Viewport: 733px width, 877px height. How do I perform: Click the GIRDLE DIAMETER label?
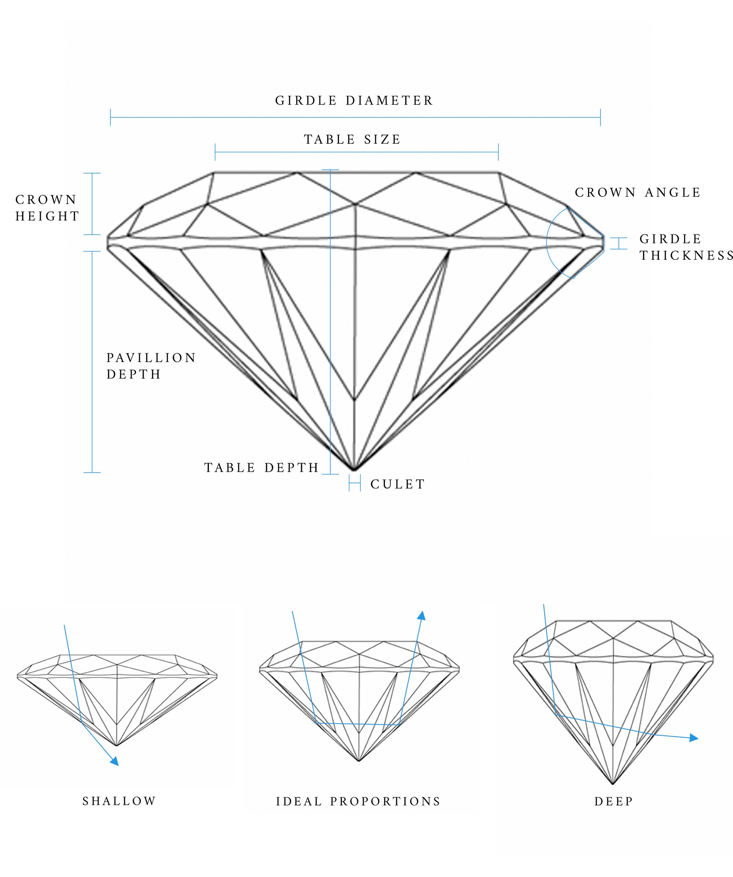tap(354, 101)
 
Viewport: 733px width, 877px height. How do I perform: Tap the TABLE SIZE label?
tap(353, 139)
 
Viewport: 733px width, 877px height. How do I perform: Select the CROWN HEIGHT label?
tap(47, 208)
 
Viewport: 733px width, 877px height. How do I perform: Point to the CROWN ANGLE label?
tap(638, 193)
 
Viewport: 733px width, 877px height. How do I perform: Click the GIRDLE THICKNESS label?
tap(686, 247)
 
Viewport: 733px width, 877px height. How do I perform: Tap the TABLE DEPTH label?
tap(262, 468)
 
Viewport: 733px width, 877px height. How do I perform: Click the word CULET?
tap(398, 485)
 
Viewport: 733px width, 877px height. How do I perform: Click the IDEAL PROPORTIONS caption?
tap(358, 801)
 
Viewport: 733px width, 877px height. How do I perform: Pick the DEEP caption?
tap(614, 801)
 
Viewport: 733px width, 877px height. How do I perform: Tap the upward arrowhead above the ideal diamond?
tap(422, 615)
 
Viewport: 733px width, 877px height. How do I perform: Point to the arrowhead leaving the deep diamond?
tap(694, 738)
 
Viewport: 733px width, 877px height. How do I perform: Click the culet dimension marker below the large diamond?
tap(355, 485)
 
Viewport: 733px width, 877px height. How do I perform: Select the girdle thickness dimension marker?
tap(619, 244)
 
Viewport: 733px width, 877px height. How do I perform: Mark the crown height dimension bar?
tap(92, 204)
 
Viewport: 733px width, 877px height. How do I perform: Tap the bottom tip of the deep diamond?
tap(612, 784)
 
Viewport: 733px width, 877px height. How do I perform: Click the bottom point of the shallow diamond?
tap(117, 745)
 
